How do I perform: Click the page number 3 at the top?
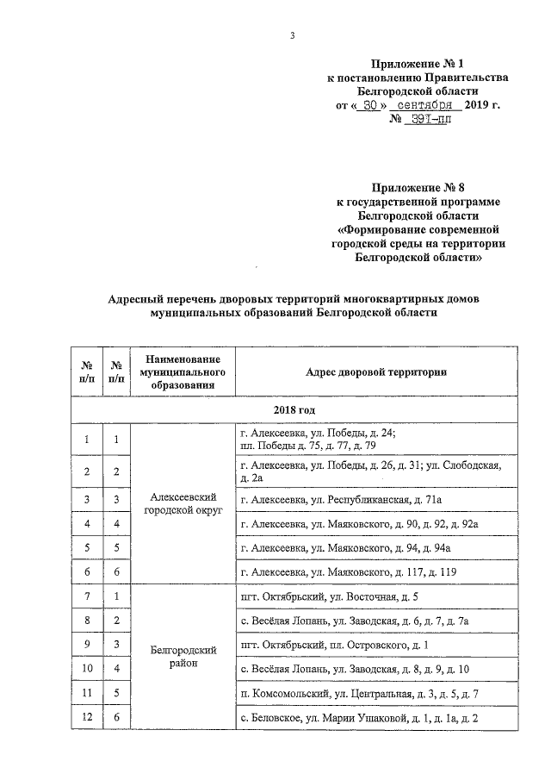tap(292, 35)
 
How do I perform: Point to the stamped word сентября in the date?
tap(424, 104)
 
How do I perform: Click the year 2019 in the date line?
tap(476, 104)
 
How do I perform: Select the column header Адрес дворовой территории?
tap(377, 371)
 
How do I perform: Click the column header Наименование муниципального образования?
tap(181, 371)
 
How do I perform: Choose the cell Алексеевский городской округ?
tap(181, 506)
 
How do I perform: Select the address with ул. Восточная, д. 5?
tap(331, 596)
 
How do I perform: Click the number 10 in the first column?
tap(87, 670)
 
